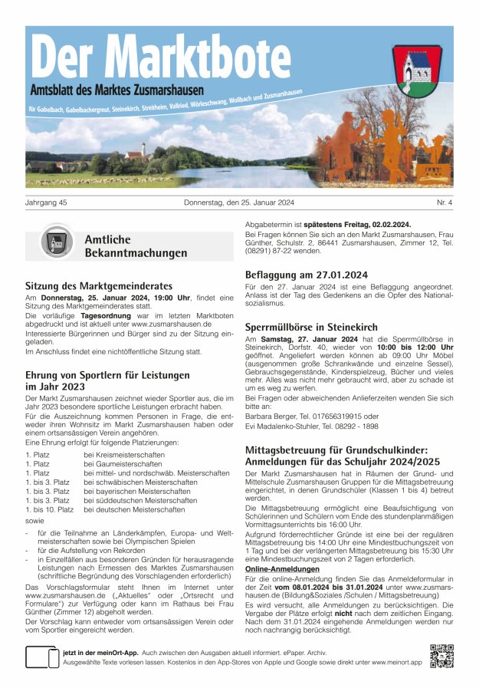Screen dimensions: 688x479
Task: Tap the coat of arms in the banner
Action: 417,70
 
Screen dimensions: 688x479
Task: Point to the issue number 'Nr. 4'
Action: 445,202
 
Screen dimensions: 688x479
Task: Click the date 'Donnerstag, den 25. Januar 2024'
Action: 239,202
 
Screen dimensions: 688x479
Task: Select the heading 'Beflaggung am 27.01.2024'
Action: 307,274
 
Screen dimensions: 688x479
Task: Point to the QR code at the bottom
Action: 442,657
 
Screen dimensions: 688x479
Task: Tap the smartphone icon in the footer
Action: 43,657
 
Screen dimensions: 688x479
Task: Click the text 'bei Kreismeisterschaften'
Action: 124,454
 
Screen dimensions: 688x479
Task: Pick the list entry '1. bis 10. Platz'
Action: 50,509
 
